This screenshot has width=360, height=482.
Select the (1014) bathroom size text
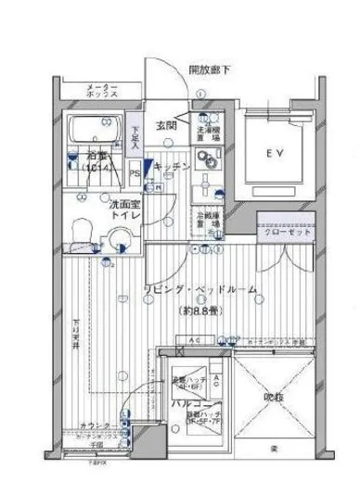[x=96, y=171]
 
